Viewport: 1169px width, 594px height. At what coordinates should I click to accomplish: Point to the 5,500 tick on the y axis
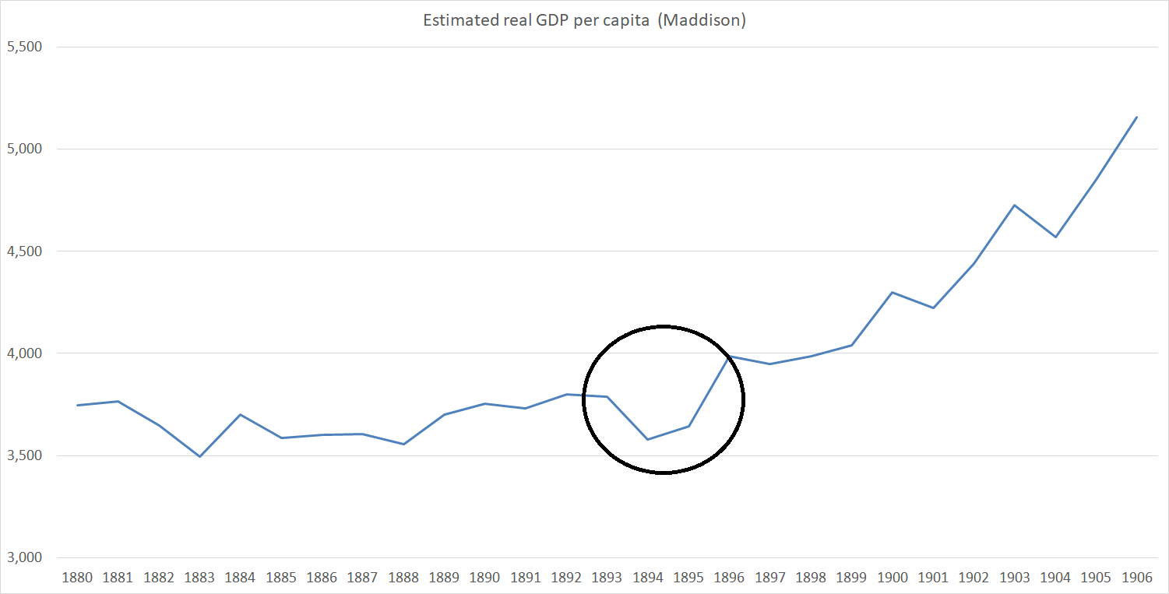click(x=23, y=47)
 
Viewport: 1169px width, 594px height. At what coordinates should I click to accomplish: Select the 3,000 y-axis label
click(x=23, y=558)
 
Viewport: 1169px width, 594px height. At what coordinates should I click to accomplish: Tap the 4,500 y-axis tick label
click(x=23, y=251)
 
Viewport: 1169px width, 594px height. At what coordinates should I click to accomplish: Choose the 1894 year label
click(x=647, y=578)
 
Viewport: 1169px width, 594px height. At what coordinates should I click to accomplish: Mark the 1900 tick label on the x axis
click(x=892, y=578)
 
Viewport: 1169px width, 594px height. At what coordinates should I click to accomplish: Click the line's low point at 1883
click(x=199, y=456)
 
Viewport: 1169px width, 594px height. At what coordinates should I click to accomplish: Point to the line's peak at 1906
click(x=1136, y=117)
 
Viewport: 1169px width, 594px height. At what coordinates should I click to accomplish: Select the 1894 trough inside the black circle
click(x=647, y=439)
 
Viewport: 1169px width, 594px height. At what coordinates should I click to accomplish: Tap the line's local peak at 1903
click(x=1014, y=205)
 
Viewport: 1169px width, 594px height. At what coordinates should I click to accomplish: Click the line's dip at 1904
click(x=1055, y=237)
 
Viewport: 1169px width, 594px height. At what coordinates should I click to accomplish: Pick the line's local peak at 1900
click(x=893, y=292)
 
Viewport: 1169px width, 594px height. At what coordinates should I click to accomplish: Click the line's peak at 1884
click(x=240, y=414)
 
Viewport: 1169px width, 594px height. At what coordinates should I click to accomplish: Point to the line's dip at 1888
click(x=403, y=444)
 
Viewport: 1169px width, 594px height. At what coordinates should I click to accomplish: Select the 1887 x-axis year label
click(x=362, y=578)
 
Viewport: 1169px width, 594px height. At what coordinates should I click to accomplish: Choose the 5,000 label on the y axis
click(x=23, y=149)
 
